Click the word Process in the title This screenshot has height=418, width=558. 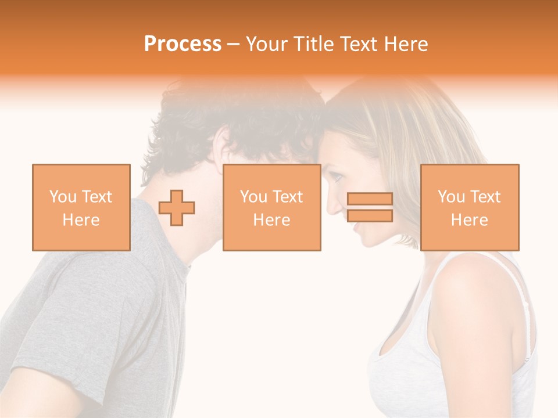pyautogui.click(x=183, y=44)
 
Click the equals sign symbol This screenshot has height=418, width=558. pyautogui.click(x=370, y=207)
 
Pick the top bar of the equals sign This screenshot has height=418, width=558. pyautogui.click(x=370, y=199)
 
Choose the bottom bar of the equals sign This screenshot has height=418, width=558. pyautogui.click(x=370, y=216)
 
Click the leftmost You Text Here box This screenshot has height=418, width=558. pyautogui.click(x=81, y=207)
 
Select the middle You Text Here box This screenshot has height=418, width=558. pyautogui.click(x=271, y=207)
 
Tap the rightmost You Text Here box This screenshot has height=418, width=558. pyautogui.click(x=469, y=207)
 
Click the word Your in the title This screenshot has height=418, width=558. pyautogui.click(x=266, y=44)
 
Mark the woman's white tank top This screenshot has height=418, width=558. pyautogui.click(x=407, y=372)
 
